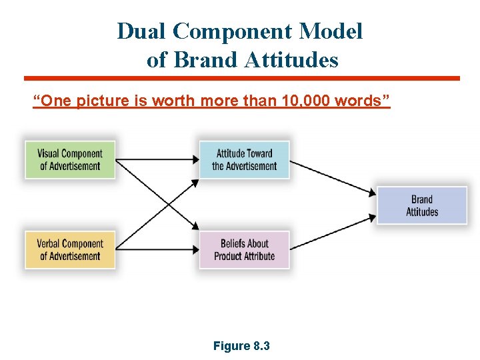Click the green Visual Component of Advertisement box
coord(70,159)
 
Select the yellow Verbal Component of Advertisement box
coord(70,249)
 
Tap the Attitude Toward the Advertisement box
coord(244,159)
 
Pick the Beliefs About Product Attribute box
coord(244,249)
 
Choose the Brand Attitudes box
coord(422,205)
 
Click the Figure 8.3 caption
coord(241,346)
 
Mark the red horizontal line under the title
coord(241,78)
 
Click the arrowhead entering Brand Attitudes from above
coord(373,193)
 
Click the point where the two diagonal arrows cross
coord(158,204)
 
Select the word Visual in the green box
coord(49,153)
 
